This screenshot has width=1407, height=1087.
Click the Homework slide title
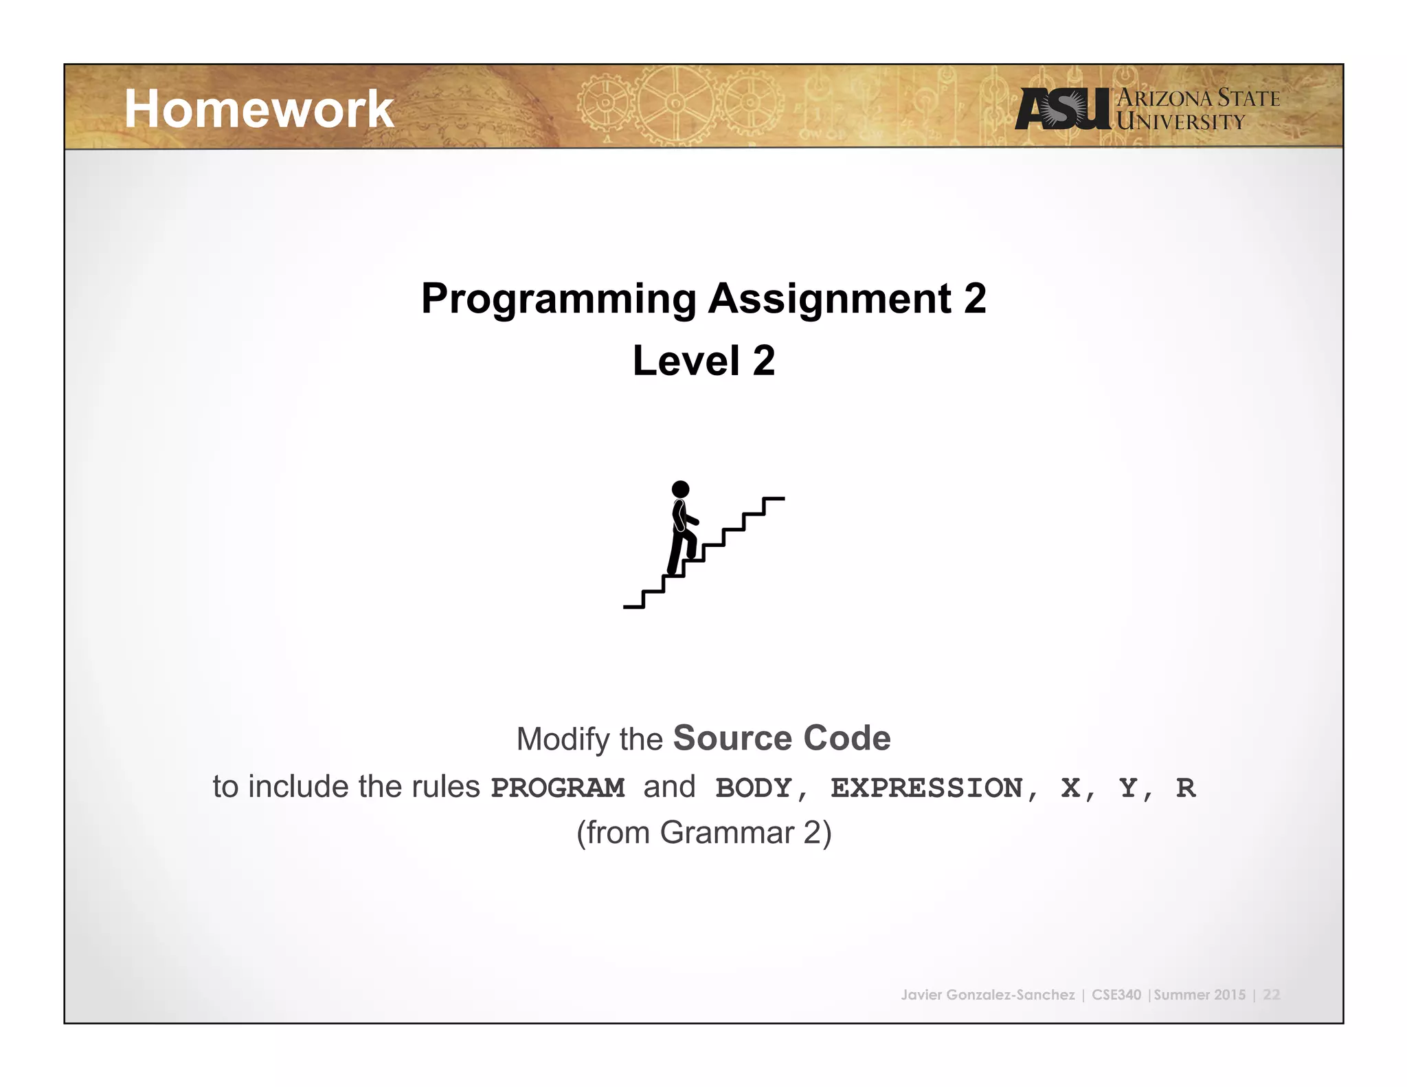(258, 109)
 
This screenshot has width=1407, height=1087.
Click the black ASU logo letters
(1061, 109)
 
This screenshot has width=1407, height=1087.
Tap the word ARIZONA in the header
(1166, 98)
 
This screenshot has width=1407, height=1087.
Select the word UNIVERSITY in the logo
(1180, 122)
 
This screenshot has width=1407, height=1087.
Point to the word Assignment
(829, 299)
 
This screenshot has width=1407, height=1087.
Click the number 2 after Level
(763, 361)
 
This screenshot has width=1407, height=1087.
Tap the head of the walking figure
(680, 489)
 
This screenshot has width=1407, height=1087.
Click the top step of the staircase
(774, 499)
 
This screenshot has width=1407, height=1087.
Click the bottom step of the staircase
(633, 606)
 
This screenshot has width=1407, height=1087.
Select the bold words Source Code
(781, 739)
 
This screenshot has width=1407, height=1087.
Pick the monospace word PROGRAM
(557, 787)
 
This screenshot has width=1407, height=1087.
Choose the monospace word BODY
(754, 787)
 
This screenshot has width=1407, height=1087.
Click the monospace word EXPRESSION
(926, 787)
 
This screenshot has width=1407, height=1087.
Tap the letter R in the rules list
(1185, 787)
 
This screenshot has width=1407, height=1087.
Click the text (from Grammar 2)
(703, 833)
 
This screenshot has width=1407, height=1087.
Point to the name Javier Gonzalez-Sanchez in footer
(987, 995)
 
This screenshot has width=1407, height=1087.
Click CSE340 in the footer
(1116, 995)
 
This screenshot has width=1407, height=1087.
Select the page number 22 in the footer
(1271, 995)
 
